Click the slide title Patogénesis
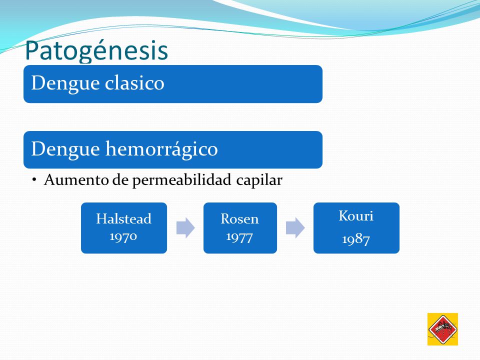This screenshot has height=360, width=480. click(x=96, y=51)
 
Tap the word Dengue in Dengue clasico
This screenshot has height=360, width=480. click(x=65, y=84)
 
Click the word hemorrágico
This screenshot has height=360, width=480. click(x=161, y=149)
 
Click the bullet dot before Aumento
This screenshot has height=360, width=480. click(x=34, y=179)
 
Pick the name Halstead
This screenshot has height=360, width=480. click(x=123, y=219)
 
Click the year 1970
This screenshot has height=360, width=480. click(x=123, y=236)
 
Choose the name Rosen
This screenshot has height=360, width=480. click(x=239, y=219)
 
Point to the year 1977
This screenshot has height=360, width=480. click(x=239, y=237)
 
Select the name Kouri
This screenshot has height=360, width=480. click(x=356, y=216)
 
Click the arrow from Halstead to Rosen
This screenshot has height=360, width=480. click(x=185, y=228)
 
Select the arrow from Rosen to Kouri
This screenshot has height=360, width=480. click(x=295, y=228)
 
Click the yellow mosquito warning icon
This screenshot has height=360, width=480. click(x=442, y=329)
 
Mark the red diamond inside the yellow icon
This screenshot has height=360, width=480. click(x=442, y=329)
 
